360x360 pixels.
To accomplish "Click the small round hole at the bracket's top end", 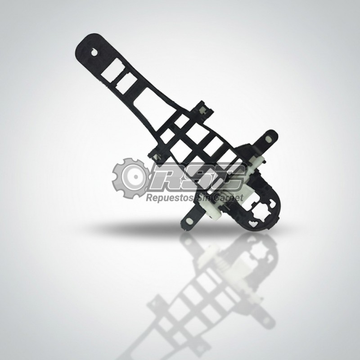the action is point(94,52).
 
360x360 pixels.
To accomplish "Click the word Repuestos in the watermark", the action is point(169,198).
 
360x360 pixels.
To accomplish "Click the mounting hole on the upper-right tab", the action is point(268,139).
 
